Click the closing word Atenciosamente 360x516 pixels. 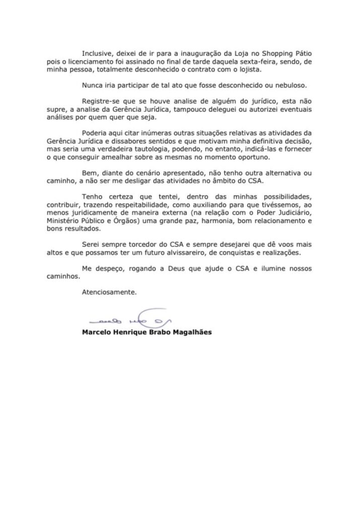[107, 291]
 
